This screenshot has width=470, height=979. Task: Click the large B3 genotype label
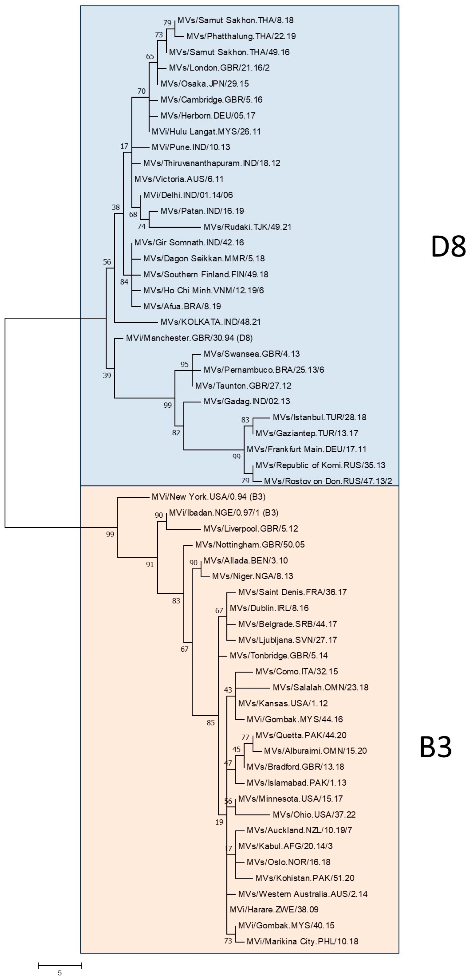point(435,747)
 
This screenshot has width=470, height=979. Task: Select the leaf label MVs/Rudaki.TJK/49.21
point(247,227)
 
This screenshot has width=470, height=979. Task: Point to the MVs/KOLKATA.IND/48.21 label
point(211,322)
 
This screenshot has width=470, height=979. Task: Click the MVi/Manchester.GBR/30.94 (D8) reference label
point(189,338)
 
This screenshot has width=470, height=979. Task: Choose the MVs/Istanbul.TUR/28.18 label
point(319,417)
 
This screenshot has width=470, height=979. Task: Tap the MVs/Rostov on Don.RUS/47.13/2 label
point(328,481)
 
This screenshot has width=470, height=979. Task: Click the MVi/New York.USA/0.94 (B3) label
point(209,497)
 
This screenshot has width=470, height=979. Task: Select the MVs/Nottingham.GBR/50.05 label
point(250,544)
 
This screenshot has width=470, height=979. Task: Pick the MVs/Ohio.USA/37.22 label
point(314,814)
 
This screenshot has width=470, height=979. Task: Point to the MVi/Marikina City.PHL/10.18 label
point(302,941)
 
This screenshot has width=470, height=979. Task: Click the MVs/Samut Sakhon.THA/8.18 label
point(235,20)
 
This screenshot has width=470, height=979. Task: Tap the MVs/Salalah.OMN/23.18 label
point(320,687)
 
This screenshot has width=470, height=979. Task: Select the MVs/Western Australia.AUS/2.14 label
point(303,894)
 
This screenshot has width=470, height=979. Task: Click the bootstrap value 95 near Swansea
point(184,365)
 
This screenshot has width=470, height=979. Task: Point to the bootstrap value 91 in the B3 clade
point(150,565)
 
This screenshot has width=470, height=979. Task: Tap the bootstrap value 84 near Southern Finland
point(124,282)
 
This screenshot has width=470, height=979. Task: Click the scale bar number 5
point(60,973)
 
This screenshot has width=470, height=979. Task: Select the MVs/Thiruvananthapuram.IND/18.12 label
point(212,163)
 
